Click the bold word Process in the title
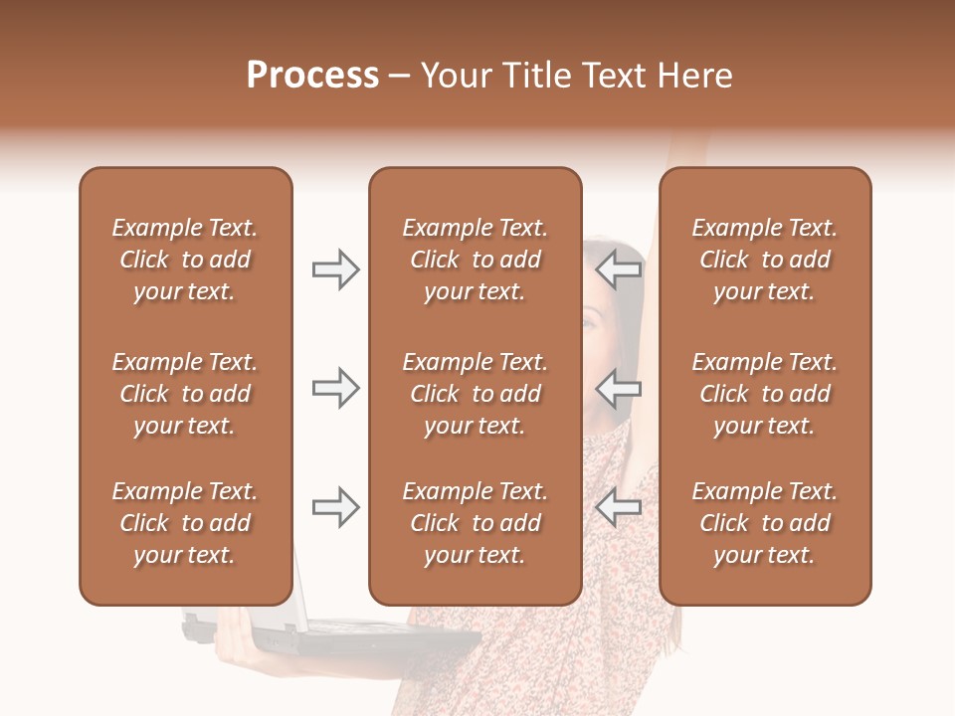[x=312, y=76]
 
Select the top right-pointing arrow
[x=335, y=269]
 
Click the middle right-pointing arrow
[x=335, y=388]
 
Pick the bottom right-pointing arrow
[x=335, y=507]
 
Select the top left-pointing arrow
[x=619, y=269]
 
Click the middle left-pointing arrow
[x=619, y=388]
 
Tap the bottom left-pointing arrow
[x=619, y=507]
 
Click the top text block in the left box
[x=185, y=260]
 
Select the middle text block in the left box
[x=185, y=394]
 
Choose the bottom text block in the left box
[x=185, y=523]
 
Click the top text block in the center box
[x=475, y=260]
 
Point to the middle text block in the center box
[x=475, y=394]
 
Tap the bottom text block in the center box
[x=475, y=523]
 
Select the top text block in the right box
[x=764, y=260]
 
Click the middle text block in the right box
[x=764, y=394]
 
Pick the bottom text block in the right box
[x=764, y=523]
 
